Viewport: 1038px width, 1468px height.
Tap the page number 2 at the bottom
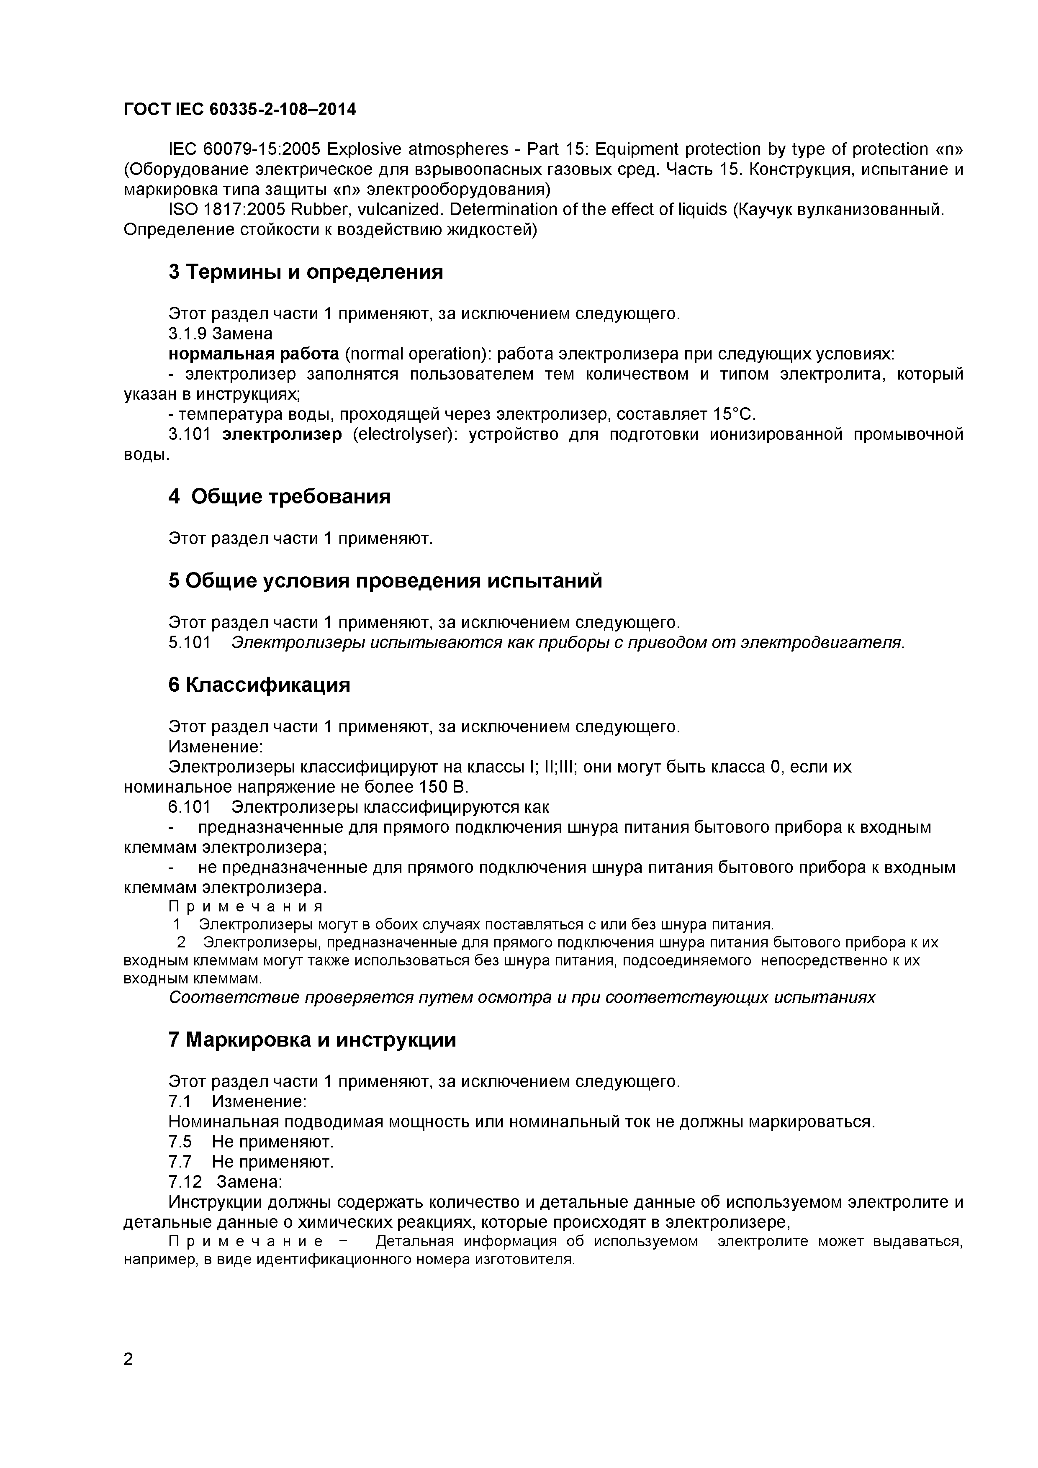(x=128, y=1377)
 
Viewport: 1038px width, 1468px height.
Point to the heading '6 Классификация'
(x=259, y=685)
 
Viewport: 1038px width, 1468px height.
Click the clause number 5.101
(x=189, y=642)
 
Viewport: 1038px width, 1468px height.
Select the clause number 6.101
(x=189, y=807)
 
